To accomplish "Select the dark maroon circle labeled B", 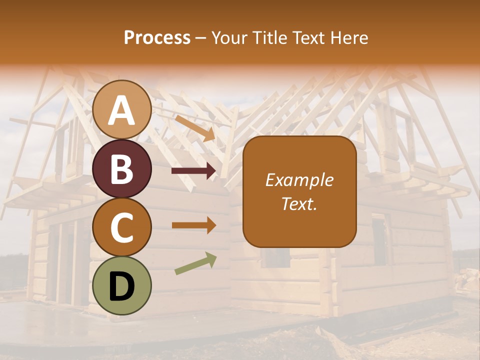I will [122, 168].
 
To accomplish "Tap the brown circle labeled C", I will [122, 227].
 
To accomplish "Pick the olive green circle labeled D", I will [122, 286].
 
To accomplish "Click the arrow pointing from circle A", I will [195, 127].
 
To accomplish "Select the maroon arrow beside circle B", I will [193, 171].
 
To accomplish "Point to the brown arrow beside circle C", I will [193, 225].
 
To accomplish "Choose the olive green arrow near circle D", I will [195, 263].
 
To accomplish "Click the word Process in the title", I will [157, 38].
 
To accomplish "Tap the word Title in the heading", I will [268, 38].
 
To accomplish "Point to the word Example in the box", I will [299, 180].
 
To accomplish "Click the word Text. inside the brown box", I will [299, 203].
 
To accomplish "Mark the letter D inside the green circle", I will [122, 286].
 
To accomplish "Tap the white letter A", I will [122, 110].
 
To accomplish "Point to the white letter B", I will [122, 169].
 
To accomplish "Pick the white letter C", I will [122, 227].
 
